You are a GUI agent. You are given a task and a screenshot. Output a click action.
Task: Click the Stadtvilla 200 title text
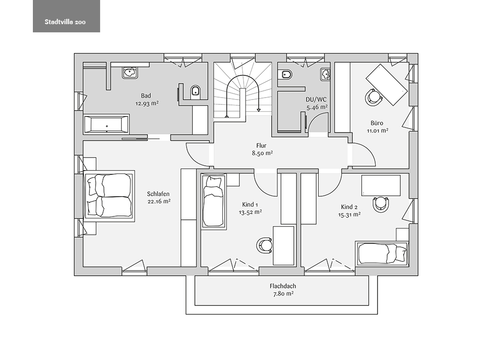(x=65, y=22)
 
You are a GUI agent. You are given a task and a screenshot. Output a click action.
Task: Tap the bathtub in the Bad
(x=106, y=124)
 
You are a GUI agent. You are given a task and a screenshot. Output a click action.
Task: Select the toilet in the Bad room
(x=196, y=91)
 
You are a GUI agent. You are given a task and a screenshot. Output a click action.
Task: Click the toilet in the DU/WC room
(x=287, y=75)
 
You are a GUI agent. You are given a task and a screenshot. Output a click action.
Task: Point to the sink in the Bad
(x=130, y=72)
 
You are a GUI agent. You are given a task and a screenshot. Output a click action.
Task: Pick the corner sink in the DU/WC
(x=325, y=74)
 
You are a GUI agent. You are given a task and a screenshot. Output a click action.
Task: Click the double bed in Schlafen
(x=109, y=196)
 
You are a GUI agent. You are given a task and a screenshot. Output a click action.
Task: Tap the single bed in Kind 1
(x=214, y=201)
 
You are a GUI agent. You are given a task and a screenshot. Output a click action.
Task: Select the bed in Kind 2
(x=382, y=253)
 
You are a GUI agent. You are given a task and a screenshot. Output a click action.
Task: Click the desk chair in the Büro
(x=374, y=97)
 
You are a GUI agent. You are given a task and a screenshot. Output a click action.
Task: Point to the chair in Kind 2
(x=381, y=204)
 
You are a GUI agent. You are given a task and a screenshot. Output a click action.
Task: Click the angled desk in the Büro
(x=386, y=85)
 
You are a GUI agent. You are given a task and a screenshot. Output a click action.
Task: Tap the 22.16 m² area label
(x=159, y=202)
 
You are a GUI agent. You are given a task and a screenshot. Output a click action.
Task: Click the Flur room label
(x=261, y=146)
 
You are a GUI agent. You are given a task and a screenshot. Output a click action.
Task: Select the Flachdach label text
(x=283, y=286)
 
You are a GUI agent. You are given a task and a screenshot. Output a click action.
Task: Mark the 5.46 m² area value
(x=317, y=107)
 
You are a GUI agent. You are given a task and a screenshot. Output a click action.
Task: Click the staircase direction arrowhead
(x=259, y=110)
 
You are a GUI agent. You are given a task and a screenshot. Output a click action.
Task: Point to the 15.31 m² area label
(x=349, y=215)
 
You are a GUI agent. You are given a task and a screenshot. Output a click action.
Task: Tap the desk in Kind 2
(x=381, y=186)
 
